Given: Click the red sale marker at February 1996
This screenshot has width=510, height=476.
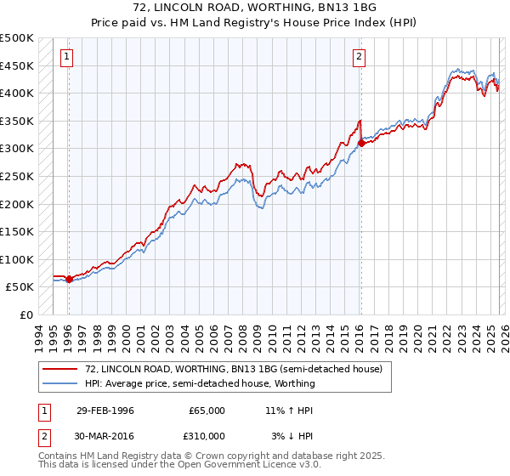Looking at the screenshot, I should point(69,279).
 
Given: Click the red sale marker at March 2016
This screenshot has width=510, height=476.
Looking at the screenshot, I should point(361,143).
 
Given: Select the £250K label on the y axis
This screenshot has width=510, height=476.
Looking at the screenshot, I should point(17,176).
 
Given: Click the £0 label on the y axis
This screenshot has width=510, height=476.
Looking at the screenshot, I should point(26,314).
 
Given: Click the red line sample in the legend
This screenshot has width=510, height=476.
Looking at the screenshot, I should point(61,369).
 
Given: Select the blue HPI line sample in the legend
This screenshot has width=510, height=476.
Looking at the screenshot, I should point(61,383).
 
